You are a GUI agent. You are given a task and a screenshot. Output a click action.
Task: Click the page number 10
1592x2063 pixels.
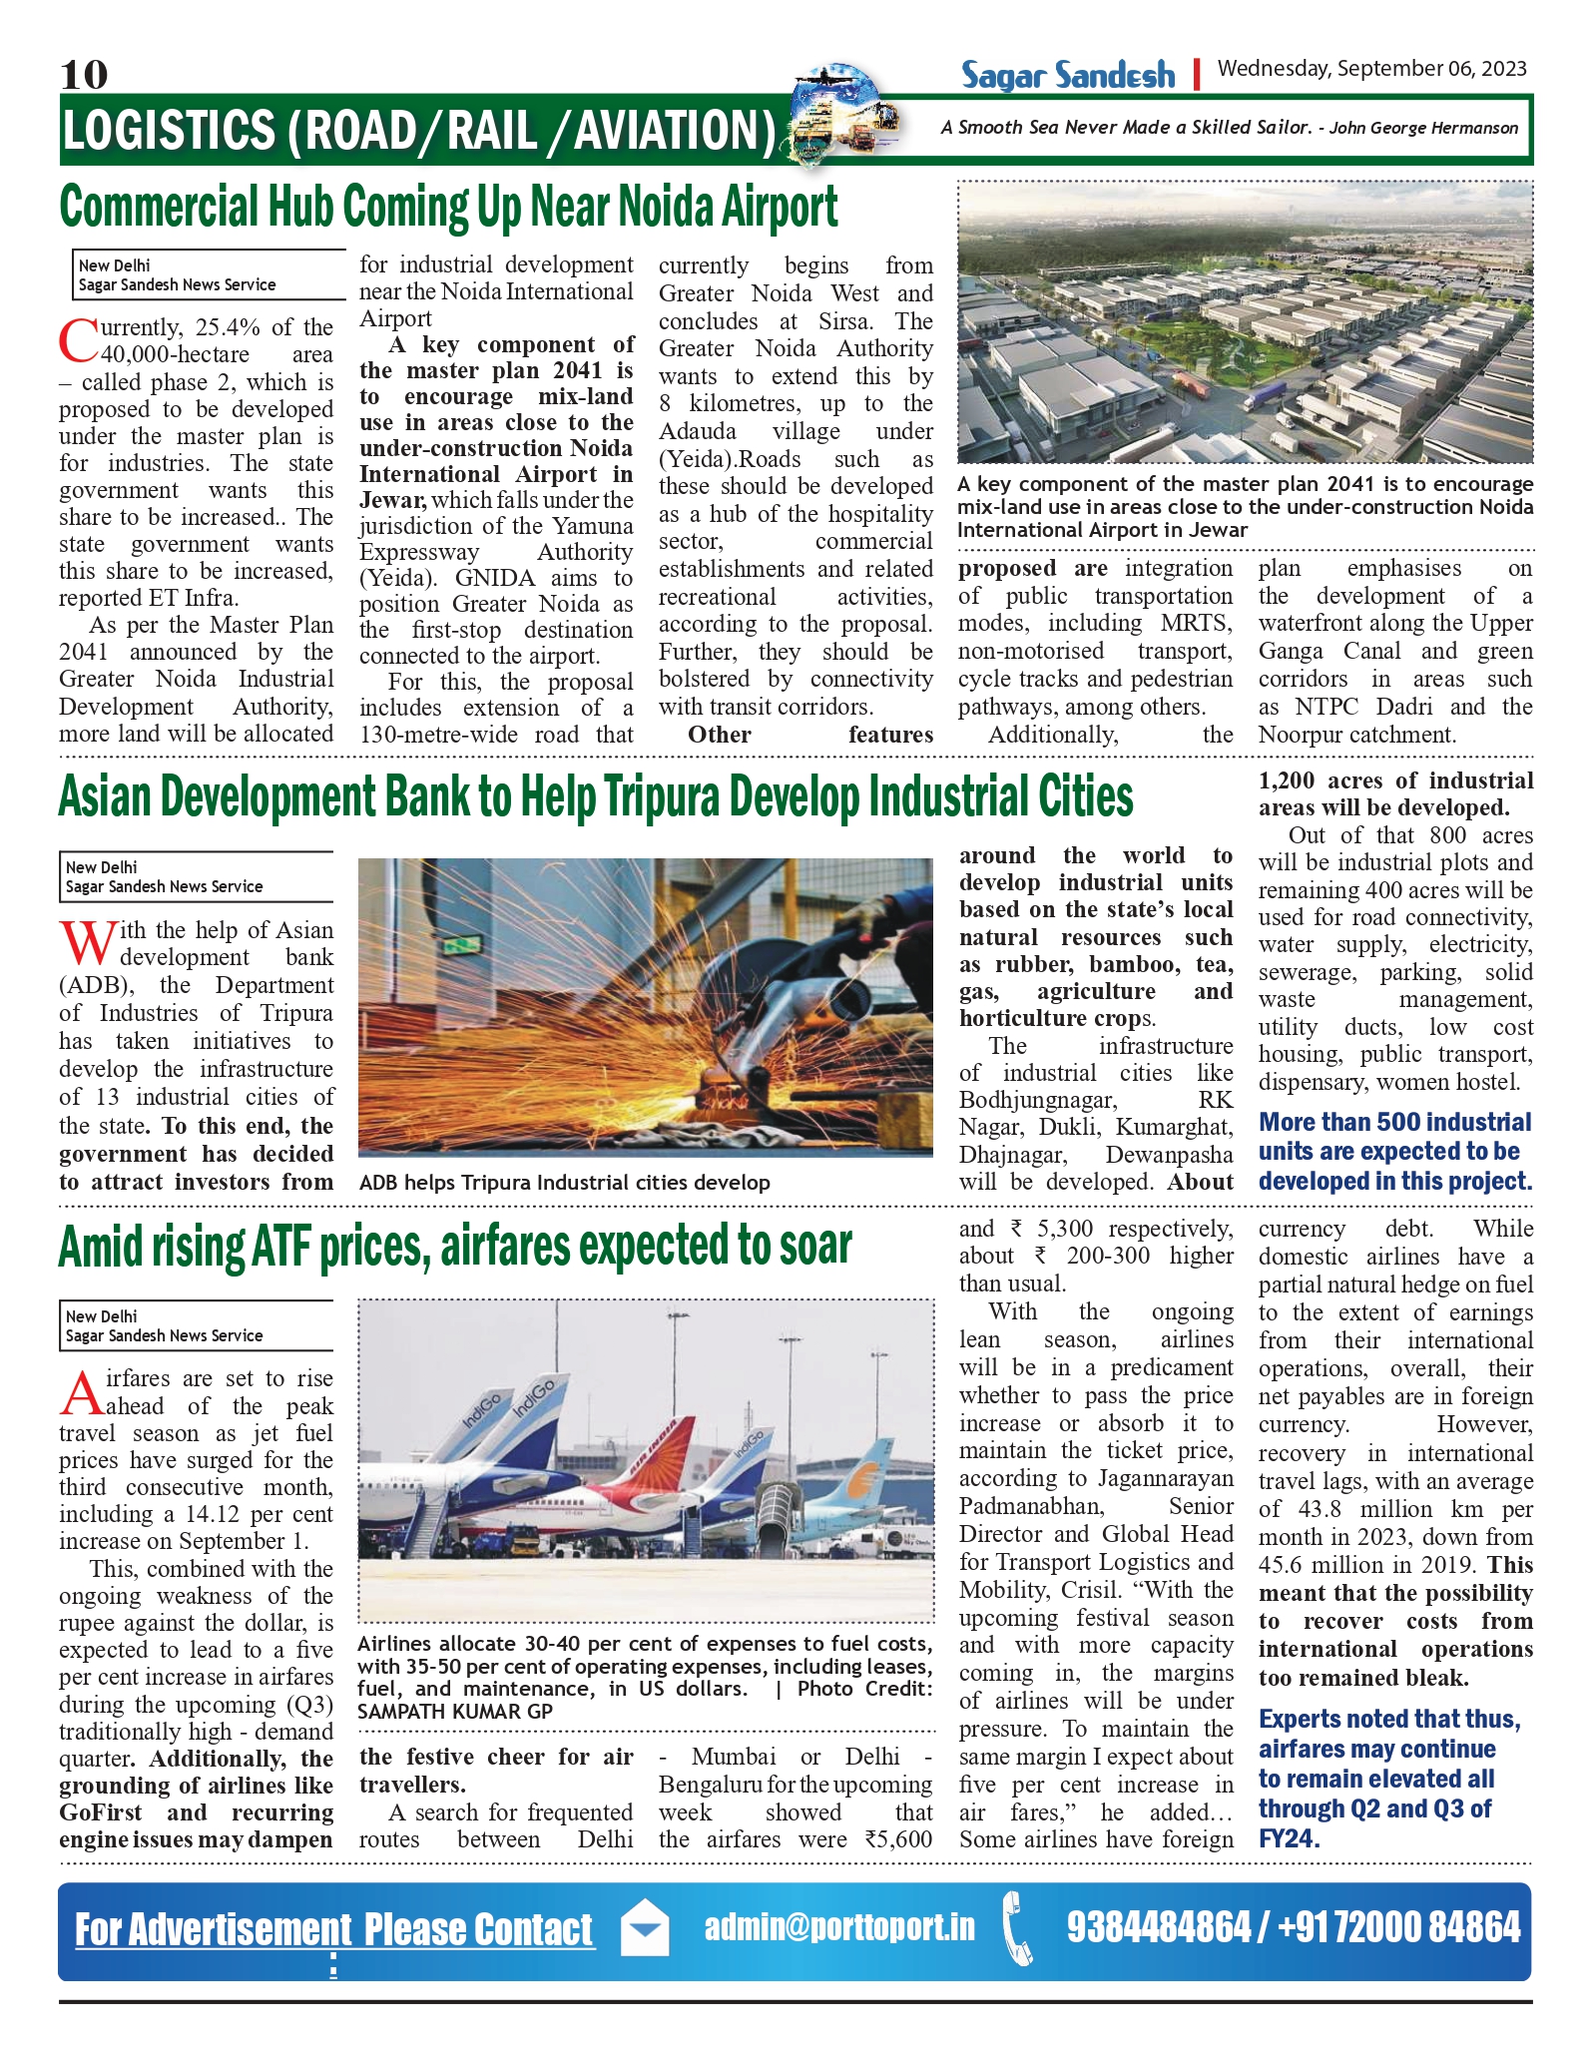pos(84,75)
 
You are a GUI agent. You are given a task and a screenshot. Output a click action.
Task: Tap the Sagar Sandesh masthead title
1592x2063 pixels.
pos(1067,76)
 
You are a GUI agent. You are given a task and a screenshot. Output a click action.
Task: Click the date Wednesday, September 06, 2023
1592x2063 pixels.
pos(1371,69)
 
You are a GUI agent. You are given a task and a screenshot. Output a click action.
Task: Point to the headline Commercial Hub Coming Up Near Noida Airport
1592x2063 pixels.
pos(449,207)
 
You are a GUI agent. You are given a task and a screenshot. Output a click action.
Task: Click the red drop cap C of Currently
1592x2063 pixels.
pos(77,340)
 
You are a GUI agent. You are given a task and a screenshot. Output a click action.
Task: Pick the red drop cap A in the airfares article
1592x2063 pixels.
pos(80,1392)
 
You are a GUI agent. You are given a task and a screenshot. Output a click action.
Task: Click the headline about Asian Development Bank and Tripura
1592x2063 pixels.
pos(596,797)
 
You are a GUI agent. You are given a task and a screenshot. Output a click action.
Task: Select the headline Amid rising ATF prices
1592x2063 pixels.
pos(455,1247)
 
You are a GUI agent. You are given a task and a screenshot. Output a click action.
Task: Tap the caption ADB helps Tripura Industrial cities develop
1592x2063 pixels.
pos(564,1183)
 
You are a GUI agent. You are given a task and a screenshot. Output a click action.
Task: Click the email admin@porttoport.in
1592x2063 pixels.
pos(839,1927)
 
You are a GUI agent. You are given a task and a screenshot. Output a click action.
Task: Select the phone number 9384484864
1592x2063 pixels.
pos(1158,1927)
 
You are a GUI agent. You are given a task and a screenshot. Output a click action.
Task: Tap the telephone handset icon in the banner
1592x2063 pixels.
pos(1018,1928)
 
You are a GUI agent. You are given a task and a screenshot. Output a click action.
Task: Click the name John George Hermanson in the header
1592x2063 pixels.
pos(1423,128)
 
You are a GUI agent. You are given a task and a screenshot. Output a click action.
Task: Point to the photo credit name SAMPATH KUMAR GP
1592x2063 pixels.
pos(455,1711)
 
